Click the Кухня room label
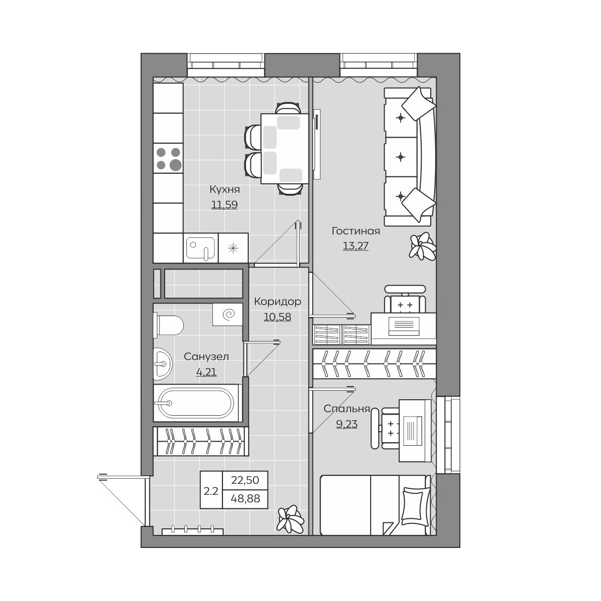click(224, 189)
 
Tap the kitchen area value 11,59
click(224, 205)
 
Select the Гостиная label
click(356, 231)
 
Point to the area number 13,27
click(356, 246)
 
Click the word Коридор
click(277, 302)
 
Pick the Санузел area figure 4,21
click(206, 372)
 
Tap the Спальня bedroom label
click(347, 409)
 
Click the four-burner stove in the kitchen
click(168, 158)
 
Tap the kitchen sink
click(200, 248)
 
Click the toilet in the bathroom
click(168, 325)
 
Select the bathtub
click(196, 403)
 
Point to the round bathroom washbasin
click(163, 364)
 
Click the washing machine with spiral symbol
click(228, 315)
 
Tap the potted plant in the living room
click(422, 246)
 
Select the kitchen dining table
click(284, 149)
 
